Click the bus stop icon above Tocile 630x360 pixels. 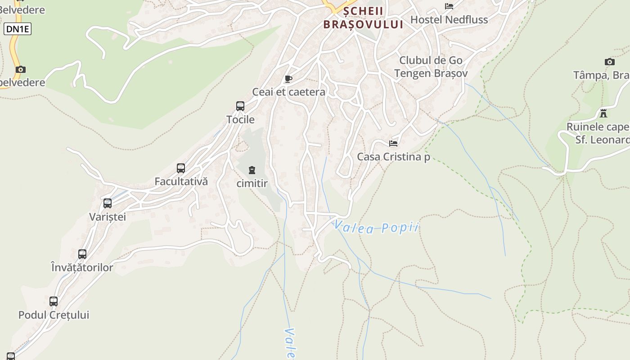[240, 106]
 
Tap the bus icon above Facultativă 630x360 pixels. [181, 168]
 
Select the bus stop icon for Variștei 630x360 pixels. [108, 203]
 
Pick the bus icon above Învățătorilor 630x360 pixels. [82, 254]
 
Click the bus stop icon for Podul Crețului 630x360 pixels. [54, 301]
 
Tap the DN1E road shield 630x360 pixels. [18, 29]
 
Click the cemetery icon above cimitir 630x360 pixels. [252, 170]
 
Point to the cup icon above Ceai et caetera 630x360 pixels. [288, 79]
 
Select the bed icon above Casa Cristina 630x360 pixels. [393, 144]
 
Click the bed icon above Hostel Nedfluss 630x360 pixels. [449, 6]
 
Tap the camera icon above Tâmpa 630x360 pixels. [610, 62]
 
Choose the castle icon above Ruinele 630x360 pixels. [603, 113]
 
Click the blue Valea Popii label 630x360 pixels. [376, 228]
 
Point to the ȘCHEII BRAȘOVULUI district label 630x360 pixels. [363, 18]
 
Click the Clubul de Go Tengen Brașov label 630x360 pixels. [431, 67]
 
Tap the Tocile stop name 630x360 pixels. [240, 120]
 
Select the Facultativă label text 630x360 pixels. [181, 182]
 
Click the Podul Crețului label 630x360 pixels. [54, 315]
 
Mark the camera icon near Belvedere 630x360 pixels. [20, 69]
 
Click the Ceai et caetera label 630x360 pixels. [288, 92]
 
